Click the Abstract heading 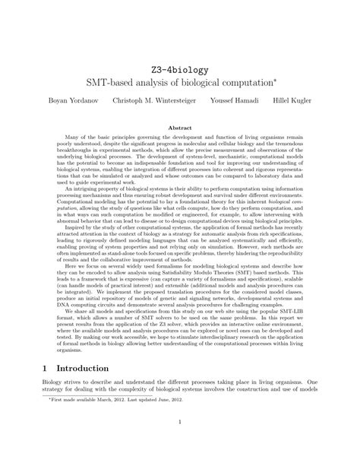179,128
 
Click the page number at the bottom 179,444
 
